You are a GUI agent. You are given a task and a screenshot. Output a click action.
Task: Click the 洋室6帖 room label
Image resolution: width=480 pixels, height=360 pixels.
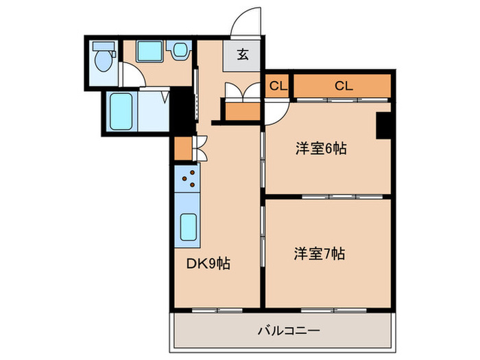tap(320, 148)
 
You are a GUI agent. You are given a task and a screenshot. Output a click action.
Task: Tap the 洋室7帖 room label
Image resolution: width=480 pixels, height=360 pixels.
tap(320, 254)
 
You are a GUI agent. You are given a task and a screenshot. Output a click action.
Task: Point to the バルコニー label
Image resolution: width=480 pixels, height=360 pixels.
tap(288, 331)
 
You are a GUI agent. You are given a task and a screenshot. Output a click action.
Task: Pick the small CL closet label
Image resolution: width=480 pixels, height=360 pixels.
tap(276, 86)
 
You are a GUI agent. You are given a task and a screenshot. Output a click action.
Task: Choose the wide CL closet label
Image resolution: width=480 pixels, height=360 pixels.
tap(344, 86)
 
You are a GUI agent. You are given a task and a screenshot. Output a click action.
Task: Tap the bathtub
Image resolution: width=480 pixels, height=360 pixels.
tap(122, 112)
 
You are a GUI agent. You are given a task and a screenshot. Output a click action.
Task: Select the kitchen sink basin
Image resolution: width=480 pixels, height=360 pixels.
tap(188, 225)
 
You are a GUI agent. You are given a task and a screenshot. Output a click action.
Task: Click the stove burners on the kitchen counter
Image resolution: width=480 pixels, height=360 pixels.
tap(187, 180)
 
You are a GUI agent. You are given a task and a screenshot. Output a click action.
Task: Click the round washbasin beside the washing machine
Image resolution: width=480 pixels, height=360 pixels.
tap(180, 51)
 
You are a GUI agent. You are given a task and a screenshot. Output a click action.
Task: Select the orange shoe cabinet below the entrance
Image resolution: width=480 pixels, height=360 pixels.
tap(239, 112)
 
